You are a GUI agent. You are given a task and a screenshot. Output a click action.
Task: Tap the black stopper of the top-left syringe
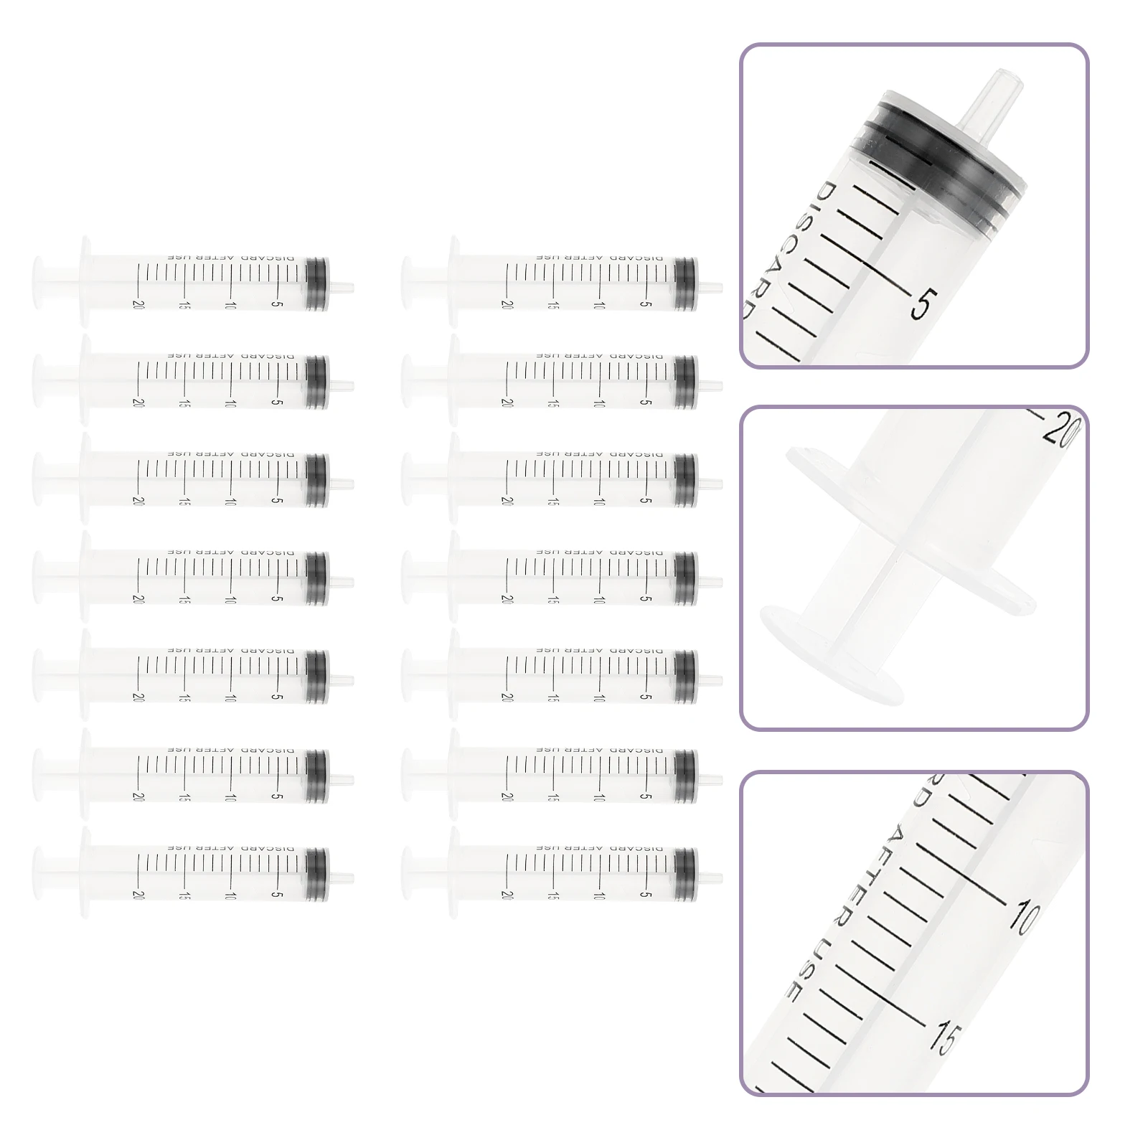316,284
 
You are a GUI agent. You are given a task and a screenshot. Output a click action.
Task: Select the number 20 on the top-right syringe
507,304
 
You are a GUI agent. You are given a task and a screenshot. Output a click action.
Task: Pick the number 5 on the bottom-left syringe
276,895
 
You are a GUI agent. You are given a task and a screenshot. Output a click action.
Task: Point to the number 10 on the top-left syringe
230,305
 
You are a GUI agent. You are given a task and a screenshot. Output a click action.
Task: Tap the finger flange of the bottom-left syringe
85,872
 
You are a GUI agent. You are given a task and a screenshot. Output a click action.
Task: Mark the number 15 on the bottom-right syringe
552,895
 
